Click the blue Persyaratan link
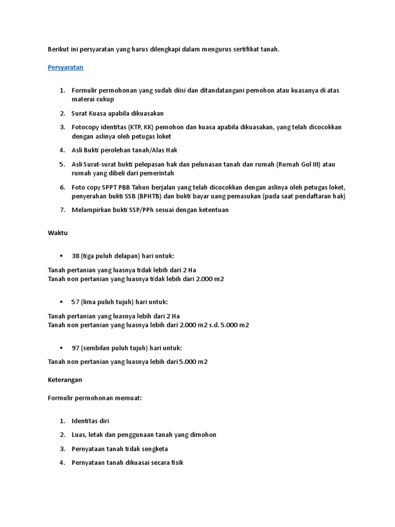pos(65,67)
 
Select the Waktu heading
pos(58,233)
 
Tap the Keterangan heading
pos(65,380)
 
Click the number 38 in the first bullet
pos(76,256)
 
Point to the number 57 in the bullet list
pos(76,302)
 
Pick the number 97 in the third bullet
pos(76,348)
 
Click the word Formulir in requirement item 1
pos(84,91)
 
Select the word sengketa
pos(153,449)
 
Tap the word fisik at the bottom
pos(176,463)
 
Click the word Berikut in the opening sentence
pos(58,49)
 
